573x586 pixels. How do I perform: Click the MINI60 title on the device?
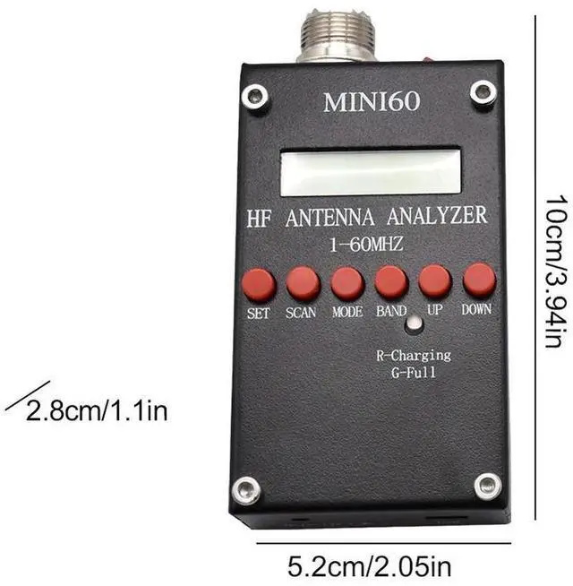[x=371, y=101]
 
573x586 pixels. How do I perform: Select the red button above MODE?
[x=347, y=282]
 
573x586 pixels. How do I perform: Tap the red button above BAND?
[x=391, y=281]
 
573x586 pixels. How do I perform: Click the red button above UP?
[x=434, y=280]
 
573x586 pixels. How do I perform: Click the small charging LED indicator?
[x=413, y=325]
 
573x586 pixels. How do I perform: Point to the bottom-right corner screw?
[x=487, y=487]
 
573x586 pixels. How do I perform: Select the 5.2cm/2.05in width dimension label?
[x=371, y=567]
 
